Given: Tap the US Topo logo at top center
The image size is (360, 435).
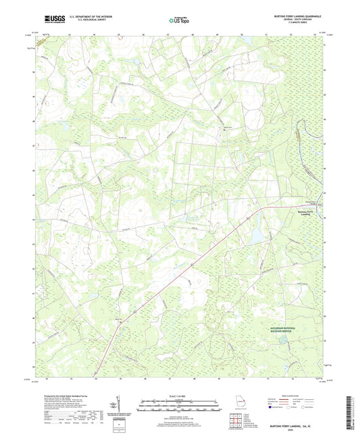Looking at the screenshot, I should (178, 21).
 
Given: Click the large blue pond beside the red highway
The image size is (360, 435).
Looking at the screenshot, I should (257, 236).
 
